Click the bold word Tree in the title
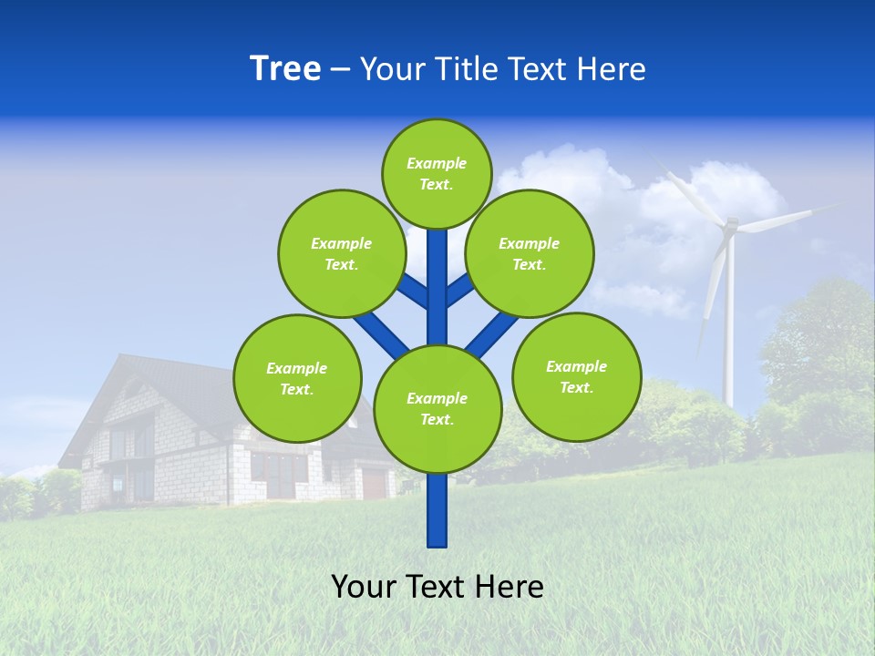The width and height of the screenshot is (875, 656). [285, 68]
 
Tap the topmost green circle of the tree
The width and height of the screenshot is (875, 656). [437, 173]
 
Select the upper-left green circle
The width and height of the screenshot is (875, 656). [341, 253]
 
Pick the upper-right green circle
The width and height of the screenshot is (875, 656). [529, 253]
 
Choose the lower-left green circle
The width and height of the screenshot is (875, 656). [296, 378]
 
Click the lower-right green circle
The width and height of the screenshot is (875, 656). [576, 376]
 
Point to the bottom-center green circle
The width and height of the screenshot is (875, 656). [437, 408]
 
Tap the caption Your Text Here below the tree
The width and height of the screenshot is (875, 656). [437, 587]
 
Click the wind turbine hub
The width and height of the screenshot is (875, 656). [730, 225]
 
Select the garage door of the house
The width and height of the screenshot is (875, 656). [374, 482]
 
